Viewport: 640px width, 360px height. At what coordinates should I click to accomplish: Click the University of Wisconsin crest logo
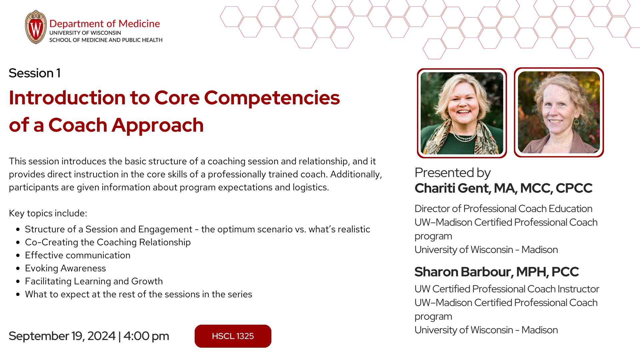coord(36,27)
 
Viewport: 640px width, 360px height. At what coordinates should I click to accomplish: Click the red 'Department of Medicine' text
coord(105,24)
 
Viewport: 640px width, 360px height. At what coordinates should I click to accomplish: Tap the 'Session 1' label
coord(35,73)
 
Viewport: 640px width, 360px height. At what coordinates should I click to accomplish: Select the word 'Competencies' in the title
coord(272,98)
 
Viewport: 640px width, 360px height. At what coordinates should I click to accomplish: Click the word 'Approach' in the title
coord(158,125)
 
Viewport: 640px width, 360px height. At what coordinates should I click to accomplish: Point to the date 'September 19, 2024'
coord(62,336)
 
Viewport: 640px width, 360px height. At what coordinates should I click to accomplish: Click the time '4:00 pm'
coord(146,336)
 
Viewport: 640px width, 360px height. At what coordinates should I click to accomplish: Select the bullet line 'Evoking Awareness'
coord(65,268)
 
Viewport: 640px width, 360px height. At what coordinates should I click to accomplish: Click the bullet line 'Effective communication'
coord(78,255)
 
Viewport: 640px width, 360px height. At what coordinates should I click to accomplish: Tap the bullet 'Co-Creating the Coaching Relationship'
coord(108,242)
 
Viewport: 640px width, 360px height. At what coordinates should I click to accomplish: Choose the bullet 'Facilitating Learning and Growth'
coord(94,281)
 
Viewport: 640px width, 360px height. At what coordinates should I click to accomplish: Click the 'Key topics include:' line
coord(48,213)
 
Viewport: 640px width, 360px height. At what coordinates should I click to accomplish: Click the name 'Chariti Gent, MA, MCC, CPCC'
coord(503,188)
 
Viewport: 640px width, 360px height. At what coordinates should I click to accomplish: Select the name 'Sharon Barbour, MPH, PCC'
coord(497,272)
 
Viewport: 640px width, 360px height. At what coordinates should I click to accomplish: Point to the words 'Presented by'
coord(453,173)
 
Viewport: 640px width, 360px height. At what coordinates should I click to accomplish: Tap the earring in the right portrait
coord(576,122)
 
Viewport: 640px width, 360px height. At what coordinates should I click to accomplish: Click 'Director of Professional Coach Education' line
coord(503,209)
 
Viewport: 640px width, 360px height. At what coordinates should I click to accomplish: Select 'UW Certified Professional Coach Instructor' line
coord(507,289)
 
